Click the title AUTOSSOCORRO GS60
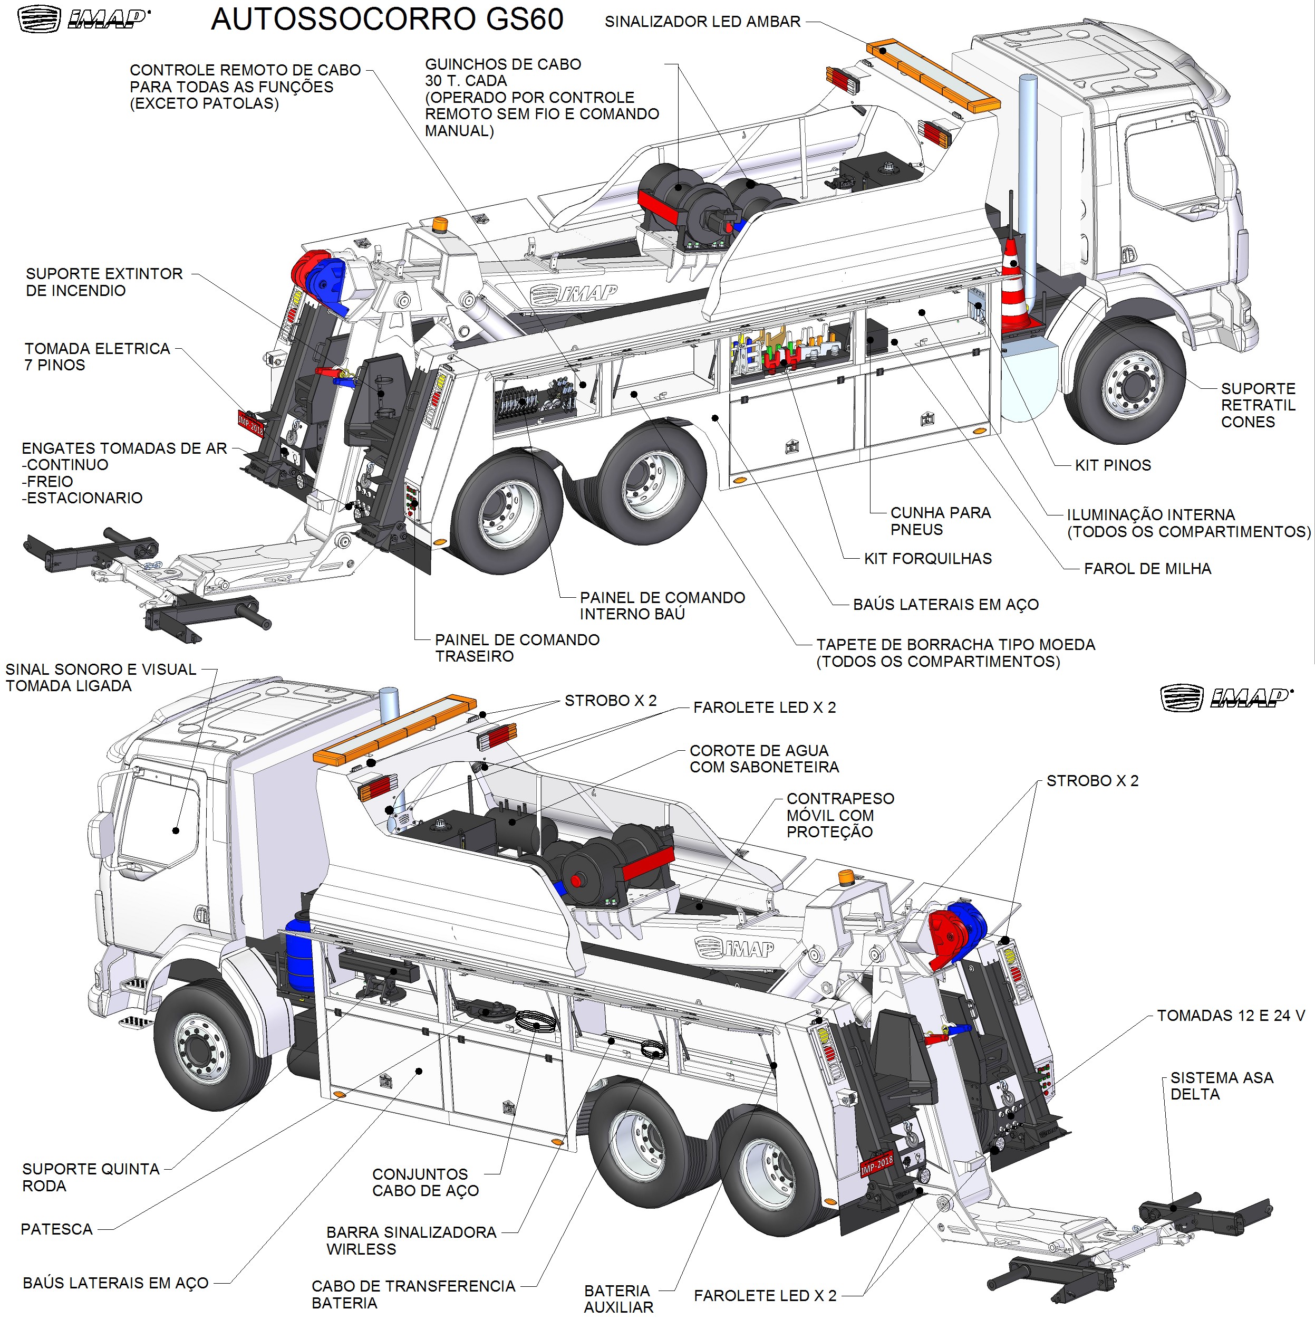(x=387, y=19)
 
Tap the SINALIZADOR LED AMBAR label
(x=702, y=22)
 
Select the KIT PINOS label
(x=1113, y=466)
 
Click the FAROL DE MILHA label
(x=1147, y=569)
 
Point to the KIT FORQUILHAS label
(x=927, y=558)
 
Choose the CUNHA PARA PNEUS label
(x=940, y=521)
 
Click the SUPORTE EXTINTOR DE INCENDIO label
(x=104, y=282)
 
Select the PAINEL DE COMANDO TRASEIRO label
(x=517, y=648)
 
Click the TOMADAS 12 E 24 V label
(x=1231, y=1015)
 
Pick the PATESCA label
(x=56, y=1229)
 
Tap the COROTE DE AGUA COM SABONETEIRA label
(x=763, y=759)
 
